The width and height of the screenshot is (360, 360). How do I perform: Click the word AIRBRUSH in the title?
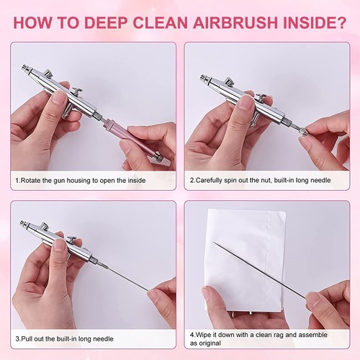(235, 22)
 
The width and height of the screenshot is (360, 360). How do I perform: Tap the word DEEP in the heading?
(106, 22)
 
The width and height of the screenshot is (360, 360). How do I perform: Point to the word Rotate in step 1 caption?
(30, 180)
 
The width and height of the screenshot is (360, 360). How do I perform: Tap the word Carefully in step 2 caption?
(209, 180)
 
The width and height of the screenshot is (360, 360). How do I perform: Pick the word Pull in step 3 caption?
(27, 338)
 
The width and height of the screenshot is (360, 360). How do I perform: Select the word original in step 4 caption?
(211, 343)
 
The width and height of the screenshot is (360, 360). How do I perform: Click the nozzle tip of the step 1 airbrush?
(24, 67)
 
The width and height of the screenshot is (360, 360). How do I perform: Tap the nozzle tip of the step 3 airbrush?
(23, 223)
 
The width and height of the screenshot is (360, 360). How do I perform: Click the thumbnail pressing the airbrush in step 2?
(246, 102)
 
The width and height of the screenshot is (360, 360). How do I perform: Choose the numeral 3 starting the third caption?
(17, 338)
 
